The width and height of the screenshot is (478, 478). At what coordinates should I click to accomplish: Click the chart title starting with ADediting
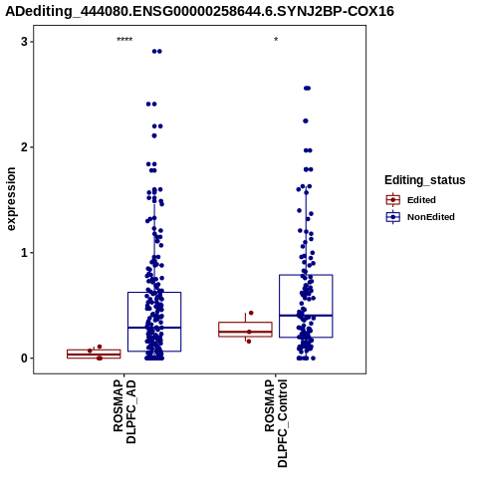click(x=200, y=11)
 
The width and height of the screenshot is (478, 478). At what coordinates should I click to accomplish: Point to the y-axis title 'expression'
click(x=11, y=199)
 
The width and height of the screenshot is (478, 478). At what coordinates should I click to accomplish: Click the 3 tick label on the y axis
click(x=24, y=42)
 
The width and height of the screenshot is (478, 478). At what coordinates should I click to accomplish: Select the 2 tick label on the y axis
click(x=24, y=147)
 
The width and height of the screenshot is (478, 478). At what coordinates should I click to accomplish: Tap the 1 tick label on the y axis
click(x=24, y=253)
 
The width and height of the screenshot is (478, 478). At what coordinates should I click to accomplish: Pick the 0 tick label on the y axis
click(x=24, y=358)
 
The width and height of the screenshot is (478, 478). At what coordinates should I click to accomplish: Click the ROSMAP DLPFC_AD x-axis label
click(x=124, y=411)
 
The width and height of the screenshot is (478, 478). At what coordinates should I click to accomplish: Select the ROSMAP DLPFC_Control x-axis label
click(x=276, y=423)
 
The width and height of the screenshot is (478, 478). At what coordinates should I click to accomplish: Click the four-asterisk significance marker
click(x=124, y=40)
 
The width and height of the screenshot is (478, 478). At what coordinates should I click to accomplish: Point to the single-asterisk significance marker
click(x=276, y=40)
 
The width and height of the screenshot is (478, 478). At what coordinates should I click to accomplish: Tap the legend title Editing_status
click(x=425, y=180)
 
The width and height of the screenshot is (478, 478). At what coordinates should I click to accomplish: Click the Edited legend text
click(x=421, y=200)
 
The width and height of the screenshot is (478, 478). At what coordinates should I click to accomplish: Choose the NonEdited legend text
click(x=431, y=217)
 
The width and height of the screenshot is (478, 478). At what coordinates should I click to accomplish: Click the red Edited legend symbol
click(x=393, y=200)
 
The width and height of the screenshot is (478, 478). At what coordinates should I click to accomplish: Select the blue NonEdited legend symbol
click(x=393, y=217)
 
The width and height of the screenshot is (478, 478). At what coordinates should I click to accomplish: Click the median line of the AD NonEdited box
click(x=154, y=328)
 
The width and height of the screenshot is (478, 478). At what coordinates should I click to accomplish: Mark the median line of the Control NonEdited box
click(x=306, y=316)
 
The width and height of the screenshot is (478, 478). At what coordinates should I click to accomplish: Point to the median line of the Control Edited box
click(x=245, y=332)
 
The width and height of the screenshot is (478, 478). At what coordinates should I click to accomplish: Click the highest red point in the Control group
click(x=251, y=313)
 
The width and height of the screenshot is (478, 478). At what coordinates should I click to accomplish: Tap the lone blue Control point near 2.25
click(x=306, y=120)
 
